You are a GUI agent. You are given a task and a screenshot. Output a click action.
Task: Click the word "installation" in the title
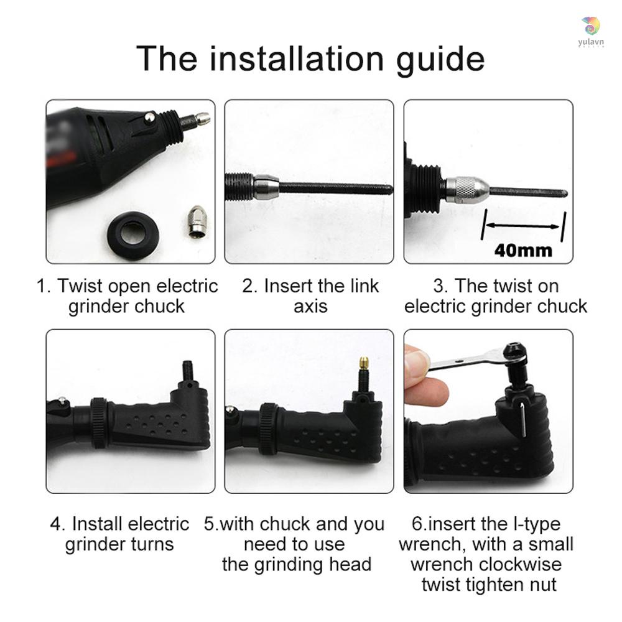(297, 58)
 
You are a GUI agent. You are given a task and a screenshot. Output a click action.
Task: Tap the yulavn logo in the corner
(591, 32)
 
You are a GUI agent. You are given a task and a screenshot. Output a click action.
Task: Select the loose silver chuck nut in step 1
(197, 221)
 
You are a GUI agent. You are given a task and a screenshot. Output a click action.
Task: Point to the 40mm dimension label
(523, 251)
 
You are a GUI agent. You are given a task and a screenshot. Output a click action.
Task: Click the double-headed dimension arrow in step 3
(523, 226)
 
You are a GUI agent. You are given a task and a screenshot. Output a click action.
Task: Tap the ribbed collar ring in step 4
(99, 422)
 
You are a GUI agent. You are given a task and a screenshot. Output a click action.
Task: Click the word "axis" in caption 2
(310, 306)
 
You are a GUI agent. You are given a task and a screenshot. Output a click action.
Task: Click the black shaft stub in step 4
(187, 370)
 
